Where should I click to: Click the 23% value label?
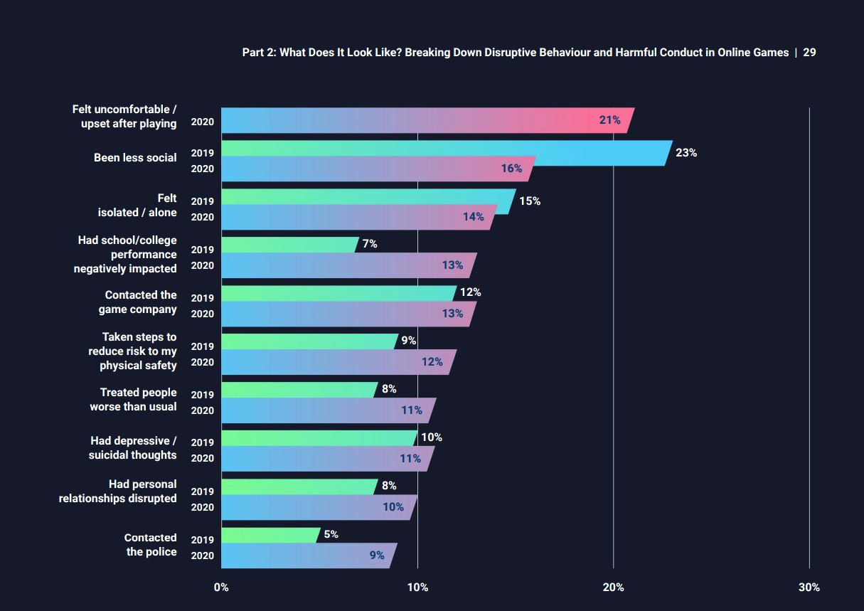point(686,153)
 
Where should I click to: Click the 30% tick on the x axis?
point(809,588)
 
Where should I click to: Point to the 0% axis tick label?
point(221,588)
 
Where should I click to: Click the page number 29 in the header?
point(809,53)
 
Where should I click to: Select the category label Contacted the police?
point(151,545)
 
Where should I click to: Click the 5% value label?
point(331,534)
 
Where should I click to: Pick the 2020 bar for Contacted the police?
point(306,556)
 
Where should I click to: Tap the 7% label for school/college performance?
point(370,244)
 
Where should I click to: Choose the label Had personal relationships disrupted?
point(118,492)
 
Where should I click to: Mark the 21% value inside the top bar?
point(610,120)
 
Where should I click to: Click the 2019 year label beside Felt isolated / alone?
point(202,201)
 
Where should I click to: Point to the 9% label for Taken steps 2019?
point(408,341)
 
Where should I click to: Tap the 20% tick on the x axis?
point(613,588)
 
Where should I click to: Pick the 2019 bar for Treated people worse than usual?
point(299,390)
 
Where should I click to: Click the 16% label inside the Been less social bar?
point(511,169)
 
